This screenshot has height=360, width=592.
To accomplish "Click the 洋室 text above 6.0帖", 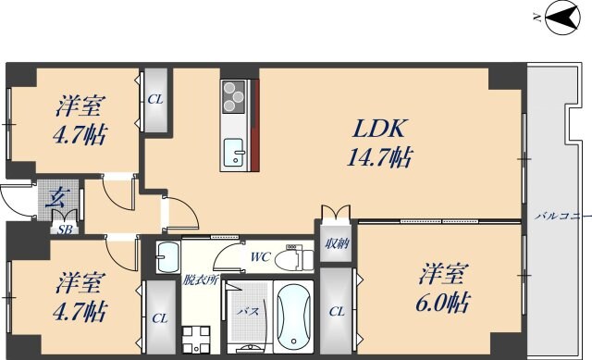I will pyautogui.click(x=443, y=274).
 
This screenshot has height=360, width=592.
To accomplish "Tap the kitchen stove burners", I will pyautogui.click(x=233, y=95).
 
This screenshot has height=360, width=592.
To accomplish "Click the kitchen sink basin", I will pyautogui.click(x=233, y=148).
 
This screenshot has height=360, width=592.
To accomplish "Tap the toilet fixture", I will pyautogui.click(x=294, y=255).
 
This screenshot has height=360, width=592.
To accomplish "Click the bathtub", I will pyautogui.click(x=295, y=317).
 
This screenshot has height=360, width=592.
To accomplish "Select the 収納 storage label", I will pyautogui.click(x=337, y=243).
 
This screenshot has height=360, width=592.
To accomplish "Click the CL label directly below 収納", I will pyautogui.click(x=337, y=312).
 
